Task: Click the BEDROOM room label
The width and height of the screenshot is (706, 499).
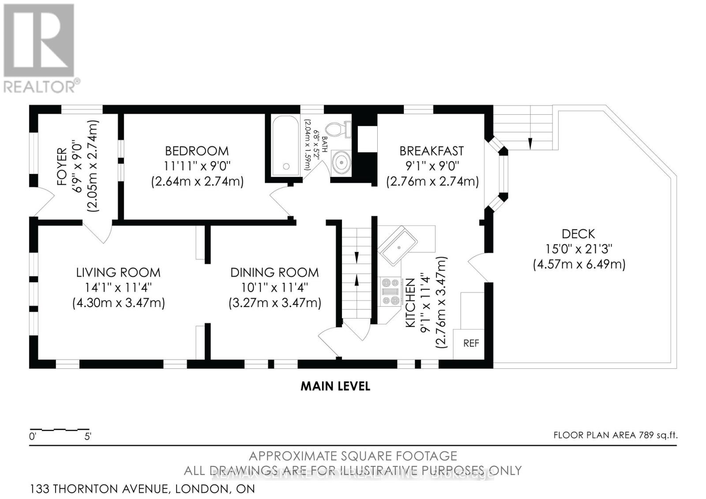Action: (x=197, y=151)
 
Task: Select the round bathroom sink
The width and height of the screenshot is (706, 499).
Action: (x=342, y=162)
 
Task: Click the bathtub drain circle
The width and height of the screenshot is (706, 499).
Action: (x=286, y=166)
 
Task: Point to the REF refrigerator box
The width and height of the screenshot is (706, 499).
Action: (x=471, y=343)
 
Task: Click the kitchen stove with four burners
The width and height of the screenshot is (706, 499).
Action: (x=390, y=292)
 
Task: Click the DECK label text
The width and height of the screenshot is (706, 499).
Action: (x=578, y=234)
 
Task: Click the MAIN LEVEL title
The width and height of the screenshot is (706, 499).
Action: (x=335, y=386)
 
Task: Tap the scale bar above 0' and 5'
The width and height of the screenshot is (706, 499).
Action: (x=59, y=429)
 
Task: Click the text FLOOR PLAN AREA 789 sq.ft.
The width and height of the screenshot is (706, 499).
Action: (x=615, y=435)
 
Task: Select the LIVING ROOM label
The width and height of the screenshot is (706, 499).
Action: (x=118, y=272)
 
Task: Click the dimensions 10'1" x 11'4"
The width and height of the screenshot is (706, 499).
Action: (x=274, y=288)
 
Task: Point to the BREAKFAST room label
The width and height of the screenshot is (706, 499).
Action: (x=432, y=151)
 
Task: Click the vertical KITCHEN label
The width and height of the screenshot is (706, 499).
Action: (x=410, y=303)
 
